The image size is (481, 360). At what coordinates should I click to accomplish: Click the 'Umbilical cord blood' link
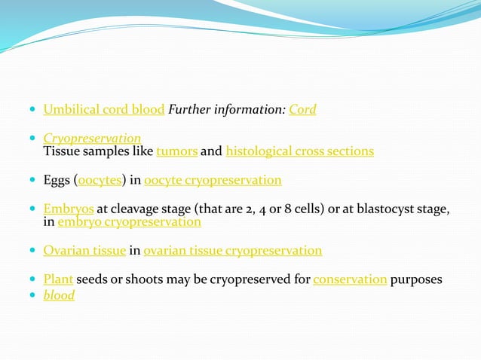point(103,110)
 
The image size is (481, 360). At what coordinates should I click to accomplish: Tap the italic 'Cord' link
point(302,110)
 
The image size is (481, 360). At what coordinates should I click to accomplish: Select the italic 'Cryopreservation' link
point(92,139)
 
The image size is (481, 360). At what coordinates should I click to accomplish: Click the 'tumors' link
point(177,151)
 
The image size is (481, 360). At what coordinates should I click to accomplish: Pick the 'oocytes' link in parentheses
point(100,181)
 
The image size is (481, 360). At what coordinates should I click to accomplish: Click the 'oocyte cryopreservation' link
point(213,181)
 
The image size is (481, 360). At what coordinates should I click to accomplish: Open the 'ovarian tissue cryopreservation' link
point(233,251)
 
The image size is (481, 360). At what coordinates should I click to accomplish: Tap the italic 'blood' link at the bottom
point(59,295)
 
